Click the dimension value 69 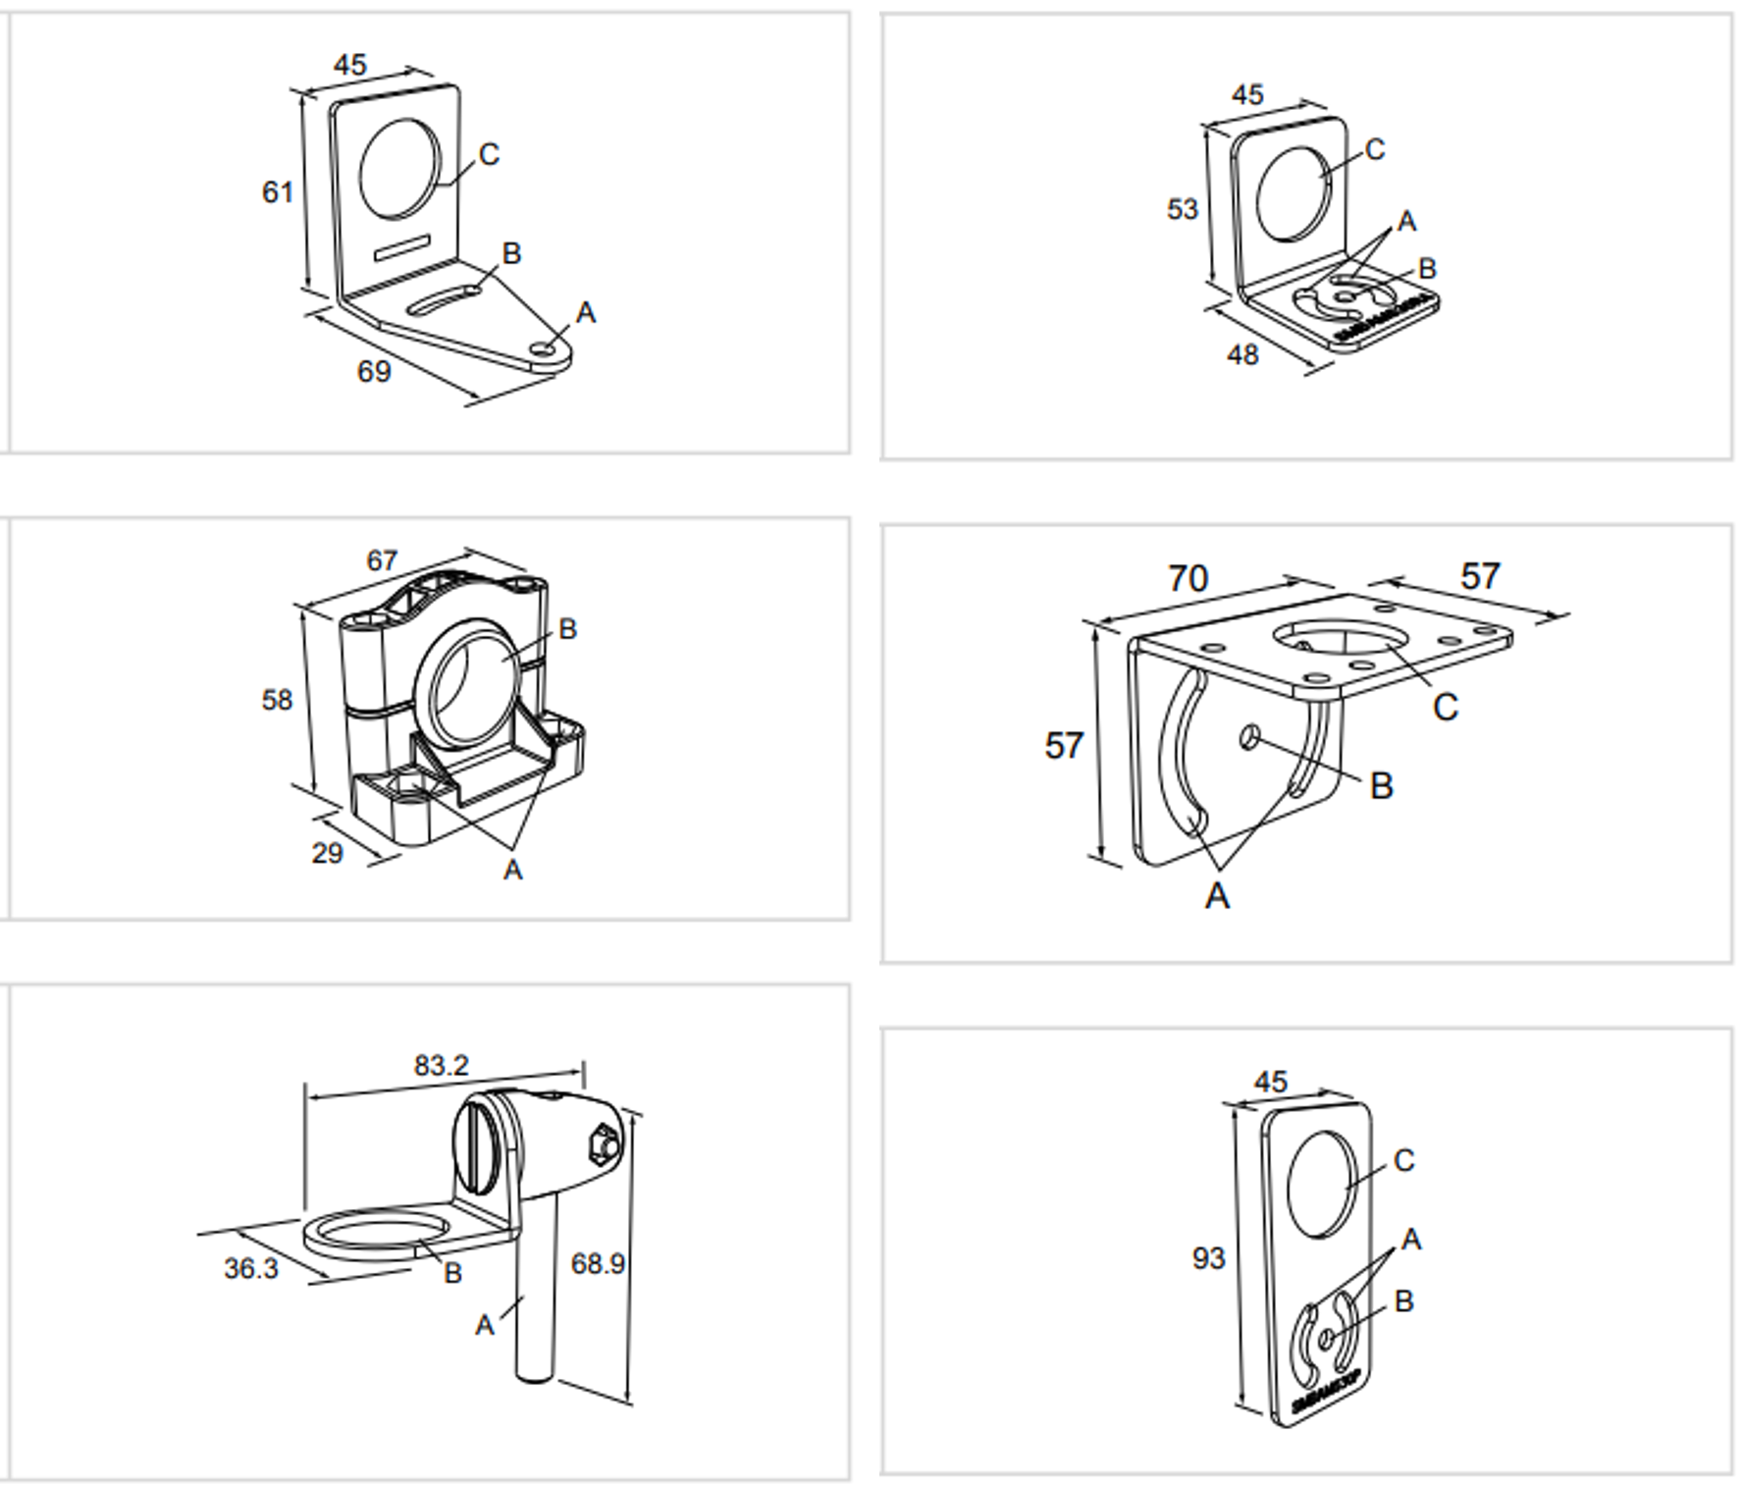click(x=374, y=371)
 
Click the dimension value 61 click(x=278, y=191)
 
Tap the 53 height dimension click(x=1183, y=209)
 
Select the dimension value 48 click(x=1243, y=354)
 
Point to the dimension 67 click(x=382, y=560)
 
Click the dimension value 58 click(x=277, y=700)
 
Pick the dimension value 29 click(x=328, y=853)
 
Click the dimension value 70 click(x=1188, y=578)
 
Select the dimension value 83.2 click(x=442, y=1065)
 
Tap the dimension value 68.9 click(x=598, y=1263)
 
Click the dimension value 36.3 click(x=251, y=1269)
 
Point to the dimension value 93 click(x=1209, y=1258)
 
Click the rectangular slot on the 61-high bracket click(x=402, y=249)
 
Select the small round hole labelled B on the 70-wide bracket click(x=1249, y=736)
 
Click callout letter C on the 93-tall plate click(x=1404, y=1161)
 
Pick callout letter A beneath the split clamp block click(x=512, y=870)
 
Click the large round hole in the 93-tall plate click(x=1322, y=1184)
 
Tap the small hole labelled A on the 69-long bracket click(x=542, y=348)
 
